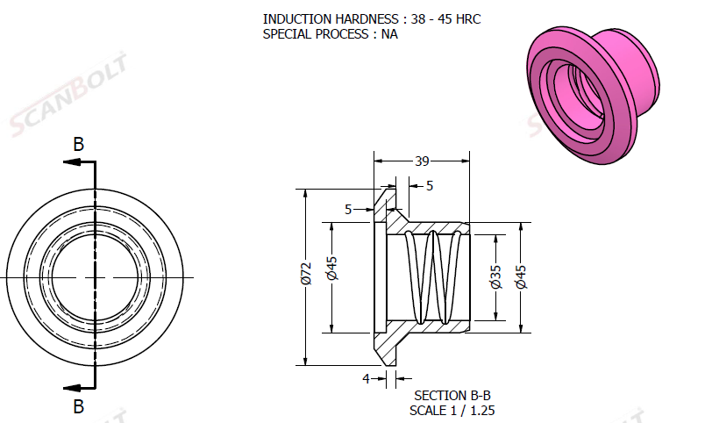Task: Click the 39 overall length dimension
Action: tap(422, 161)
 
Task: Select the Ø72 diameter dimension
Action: tap(305, 276)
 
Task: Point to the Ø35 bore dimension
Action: tap(495, 276)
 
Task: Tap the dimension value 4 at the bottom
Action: tap(366, 378)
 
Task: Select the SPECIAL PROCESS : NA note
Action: tap(330, 34)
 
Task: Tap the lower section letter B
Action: tap(78, 406)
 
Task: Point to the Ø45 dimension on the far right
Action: tap(523, 276)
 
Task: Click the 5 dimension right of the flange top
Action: tap(429, 185)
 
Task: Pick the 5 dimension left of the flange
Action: tap(348, 209)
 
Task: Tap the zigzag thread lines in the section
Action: tap(433, 277)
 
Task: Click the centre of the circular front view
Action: tap(94, 277)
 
